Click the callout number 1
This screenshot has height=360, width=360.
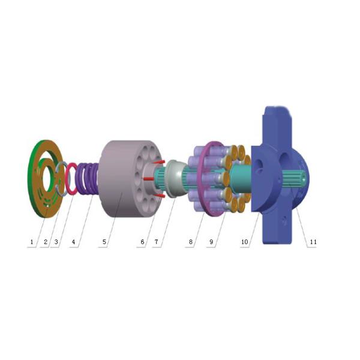tap(32, 242)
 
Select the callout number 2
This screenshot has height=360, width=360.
tap(46, 242)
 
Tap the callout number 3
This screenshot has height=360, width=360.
tap(56, 242)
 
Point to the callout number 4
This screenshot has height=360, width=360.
tap(73, 242)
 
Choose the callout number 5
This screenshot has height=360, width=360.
tap(104, 242)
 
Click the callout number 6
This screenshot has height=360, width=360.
tap(142, 242)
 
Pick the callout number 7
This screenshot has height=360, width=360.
tap(157, 242)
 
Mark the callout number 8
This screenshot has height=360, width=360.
tap(191, 242)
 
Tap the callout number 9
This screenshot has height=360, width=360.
tap(211, 242)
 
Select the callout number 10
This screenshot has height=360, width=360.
tap(245, 242)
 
